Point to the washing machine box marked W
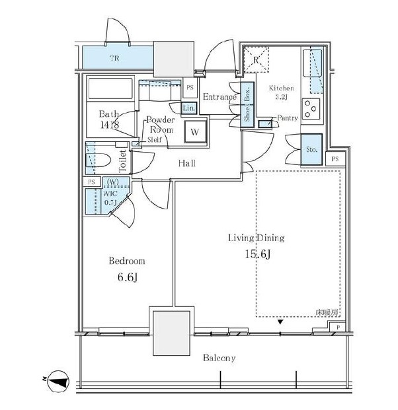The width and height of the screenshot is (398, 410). click(195, 131)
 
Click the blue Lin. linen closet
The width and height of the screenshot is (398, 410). click(188, 108)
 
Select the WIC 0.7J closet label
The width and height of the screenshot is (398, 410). click(110, 198)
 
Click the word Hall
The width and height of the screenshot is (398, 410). click(186, 163)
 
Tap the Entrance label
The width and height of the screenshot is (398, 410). click(219, 97)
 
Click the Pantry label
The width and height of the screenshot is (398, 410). click(288, 118)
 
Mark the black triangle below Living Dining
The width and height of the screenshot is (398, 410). click(281, 322)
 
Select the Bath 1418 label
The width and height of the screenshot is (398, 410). click(109, 118)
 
